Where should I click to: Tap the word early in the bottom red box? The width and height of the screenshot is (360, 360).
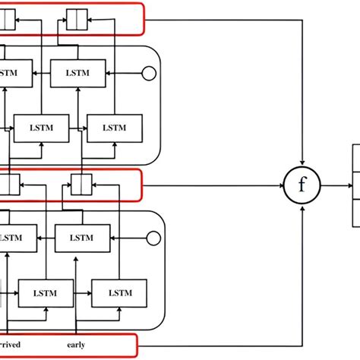pos(76,345)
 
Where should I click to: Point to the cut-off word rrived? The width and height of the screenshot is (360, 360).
pos(11,345)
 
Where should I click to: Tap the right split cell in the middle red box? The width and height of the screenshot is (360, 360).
pos(81,184)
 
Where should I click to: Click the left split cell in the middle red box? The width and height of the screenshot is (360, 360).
pos(10,184)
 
